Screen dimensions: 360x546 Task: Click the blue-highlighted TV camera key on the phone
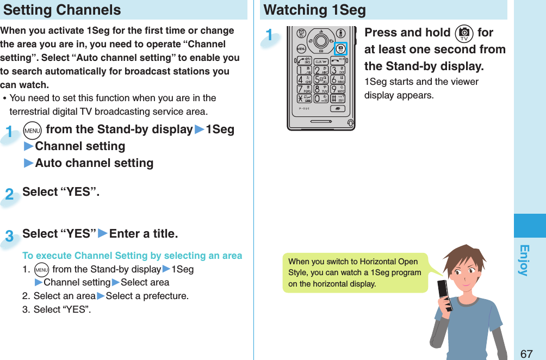[x=340, y=48]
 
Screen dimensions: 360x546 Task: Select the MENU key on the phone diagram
[x=301, y=49]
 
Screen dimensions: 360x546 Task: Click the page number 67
[x=526, y=353]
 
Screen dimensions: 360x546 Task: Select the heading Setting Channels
[x=63, y=10]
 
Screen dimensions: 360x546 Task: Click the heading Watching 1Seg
[x=314, y=10]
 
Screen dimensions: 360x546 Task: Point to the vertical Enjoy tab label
[x=524, y=260]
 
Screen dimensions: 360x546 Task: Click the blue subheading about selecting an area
[x=132, y=256]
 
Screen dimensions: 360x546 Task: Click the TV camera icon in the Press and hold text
[x=464, y=34]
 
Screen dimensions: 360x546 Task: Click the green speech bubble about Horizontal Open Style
[x=355, y=272]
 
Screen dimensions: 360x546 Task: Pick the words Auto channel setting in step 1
[x=94, y=163]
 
